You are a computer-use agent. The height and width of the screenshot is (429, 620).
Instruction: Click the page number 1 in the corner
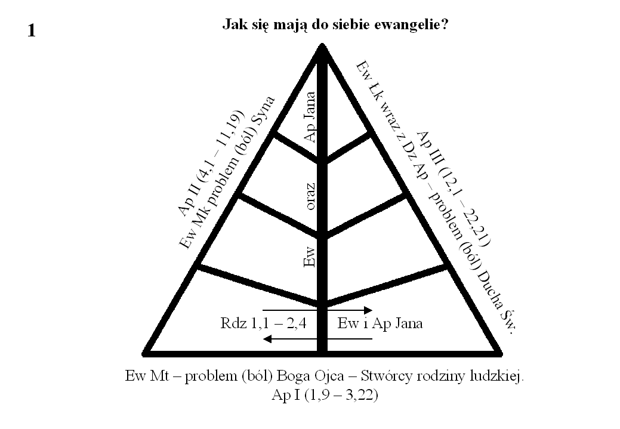tap(32, 30)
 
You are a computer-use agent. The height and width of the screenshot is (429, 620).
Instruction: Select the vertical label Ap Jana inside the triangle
tap(310, 117)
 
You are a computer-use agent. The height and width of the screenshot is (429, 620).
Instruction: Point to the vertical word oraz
tap(310, 196)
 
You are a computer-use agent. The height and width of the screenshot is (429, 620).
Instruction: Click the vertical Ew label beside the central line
tap(310, 257)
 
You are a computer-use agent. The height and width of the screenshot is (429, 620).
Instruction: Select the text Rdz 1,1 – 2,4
tap(263, 323)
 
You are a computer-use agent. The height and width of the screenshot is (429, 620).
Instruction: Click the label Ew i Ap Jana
tap(380, 323)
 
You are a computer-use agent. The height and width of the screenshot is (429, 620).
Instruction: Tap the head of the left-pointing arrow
tap(267, 339)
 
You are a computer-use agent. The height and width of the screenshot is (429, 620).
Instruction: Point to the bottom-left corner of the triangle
tap(144, 353)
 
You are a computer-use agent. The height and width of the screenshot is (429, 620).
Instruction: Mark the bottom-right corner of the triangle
tap(501, 353)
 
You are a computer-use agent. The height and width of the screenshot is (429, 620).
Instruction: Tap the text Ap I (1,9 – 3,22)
tap(325, 395)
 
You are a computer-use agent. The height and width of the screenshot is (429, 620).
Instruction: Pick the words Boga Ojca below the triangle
tap(310, 376)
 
